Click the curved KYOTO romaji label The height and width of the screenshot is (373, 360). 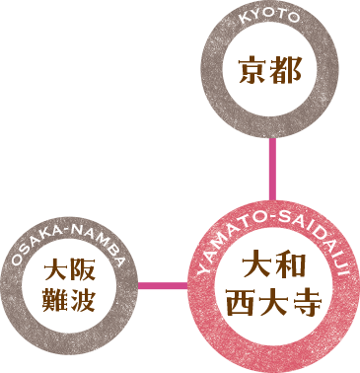click(269, 19)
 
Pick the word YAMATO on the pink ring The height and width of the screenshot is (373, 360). click(223, 249)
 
